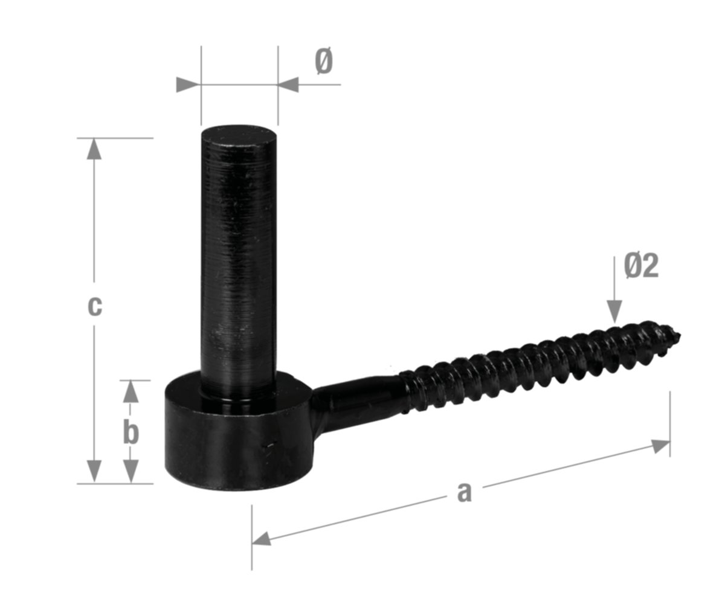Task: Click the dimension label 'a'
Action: [x=463, y=492]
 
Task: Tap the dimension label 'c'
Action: [x=94, y=306]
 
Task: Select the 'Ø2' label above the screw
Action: [x=641, y=266]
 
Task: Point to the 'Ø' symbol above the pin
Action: [x=324, y=62]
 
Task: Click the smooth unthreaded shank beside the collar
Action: [x=356, y=399]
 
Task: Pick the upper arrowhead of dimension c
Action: [x=94, y=149]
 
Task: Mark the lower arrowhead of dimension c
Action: [x=94, y=471]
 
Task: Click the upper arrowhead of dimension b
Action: [x=130, y=391]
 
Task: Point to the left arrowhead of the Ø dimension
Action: [x=187, y=85]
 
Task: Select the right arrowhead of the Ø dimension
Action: [x=289, y=85]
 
